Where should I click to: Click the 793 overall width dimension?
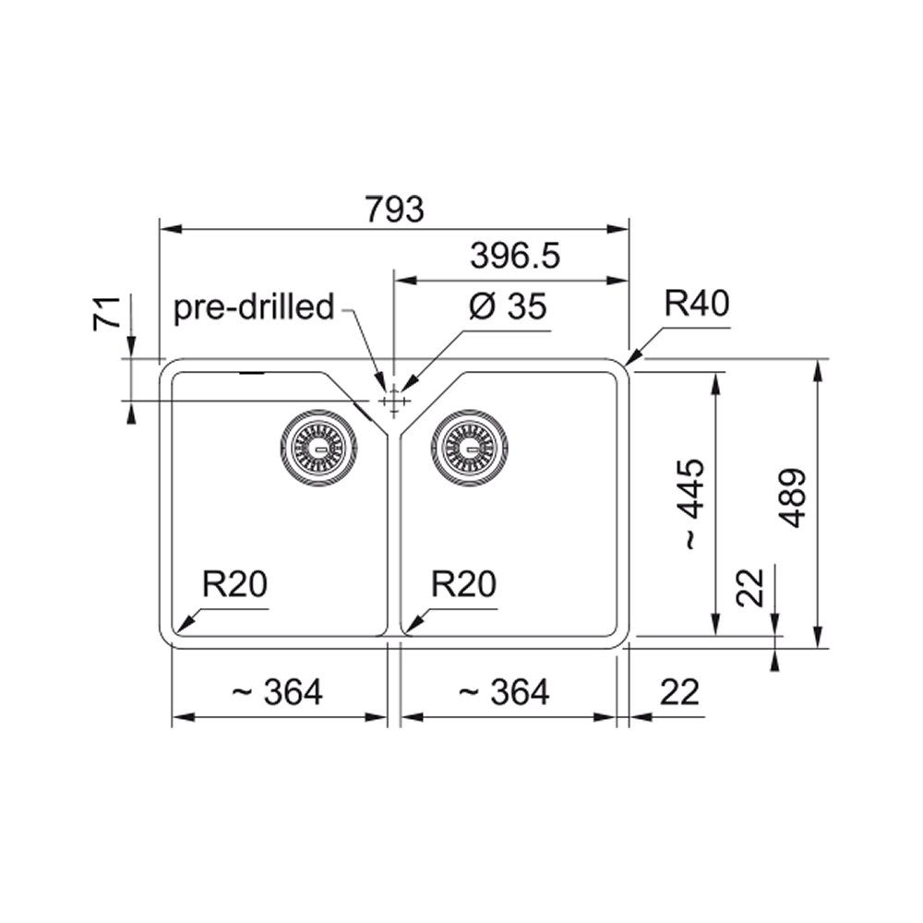[x=394, y=209]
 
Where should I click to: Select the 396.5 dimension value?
[x=515, y=256]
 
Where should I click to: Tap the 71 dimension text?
[x=107, y=313]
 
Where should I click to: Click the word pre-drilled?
[x=254, y=306]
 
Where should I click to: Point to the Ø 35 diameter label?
[x=508, y=306]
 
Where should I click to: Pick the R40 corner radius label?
[x=697, y=304]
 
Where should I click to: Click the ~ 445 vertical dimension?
[x=692, y=505]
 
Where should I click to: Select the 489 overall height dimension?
[x=793, y=498]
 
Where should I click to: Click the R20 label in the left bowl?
[x=234, y=584]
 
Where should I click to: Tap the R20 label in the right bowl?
[x=464, y=584]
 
